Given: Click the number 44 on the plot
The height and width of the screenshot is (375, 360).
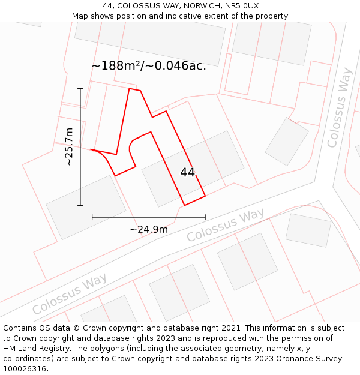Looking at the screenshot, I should (187, 173).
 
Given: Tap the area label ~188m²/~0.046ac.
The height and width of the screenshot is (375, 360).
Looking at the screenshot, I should (149, 66).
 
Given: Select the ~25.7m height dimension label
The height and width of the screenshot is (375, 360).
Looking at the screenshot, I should (69, 146).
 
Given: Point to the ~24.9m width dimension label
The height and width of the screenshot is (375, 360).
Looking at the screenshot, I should (149, 229).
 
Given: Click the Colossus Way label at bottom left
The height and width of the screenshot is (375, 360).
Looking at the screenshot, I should (70, 294).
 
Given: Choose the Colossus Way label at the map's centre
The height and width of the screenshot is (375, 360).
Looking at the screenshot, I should (225, 226).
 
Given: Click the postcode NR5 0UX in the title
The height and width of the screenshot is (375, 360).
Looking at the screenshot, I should (242, 6).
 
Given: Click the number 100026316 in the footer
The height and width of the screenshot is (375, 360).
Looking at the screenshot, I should (26, 369).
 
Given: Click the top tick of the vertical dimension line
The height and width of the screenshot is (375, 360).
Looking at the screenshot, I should (80, 88).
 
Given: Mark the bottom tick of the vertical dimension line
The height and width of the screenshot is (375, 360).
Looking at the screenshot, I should (80, 205).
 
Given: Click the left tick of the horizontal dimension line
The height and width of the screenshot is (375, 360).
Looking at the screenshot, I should (92, 217).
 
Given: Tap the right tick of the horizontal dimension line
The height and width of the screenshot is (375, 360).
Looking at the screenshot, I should (205, 217).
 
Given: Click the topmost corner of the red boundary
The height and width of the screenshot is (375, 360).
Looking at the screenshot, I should (130, 89).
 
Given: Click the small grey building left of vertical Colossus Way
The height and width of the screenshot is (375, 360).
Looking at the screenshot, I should (287, 142).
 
